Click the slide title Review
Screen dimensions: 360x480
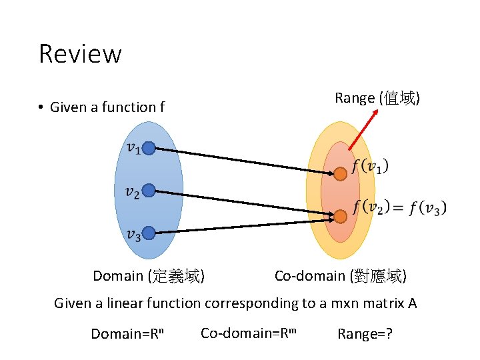coord(80,53)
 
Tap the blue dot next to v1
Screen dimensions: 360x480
coord(149,148)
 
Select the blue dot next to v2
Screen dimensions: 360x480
coord(149,191)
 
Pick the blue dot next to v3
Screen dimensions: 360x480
coord(149,233)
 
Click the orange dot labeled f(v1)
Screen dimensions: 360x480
coord(340,173)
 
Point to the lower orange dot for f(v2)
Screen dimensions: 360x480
coord(340,216)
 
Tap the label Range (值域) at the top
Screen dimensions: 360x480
coord(377,98)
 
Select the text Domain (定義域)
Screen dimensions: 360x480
coord(149,276)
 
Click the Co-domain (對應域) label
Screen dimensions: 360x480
coord(341,276)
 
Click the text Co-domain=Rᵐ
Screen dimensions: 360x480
coord(248,332)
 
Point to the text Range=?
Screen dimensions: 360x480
coord(365,333)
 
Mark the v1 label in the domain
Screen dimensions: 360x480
coord(133,148)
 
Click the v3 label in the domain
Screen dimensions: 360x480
coord(133,235)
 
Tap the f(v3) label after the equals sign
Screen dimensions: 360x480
coord(427,207)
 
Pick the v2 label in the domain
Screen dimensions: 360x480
coord(133,192)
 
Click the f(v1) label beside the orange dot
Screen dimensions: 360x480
coord(371,165)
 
